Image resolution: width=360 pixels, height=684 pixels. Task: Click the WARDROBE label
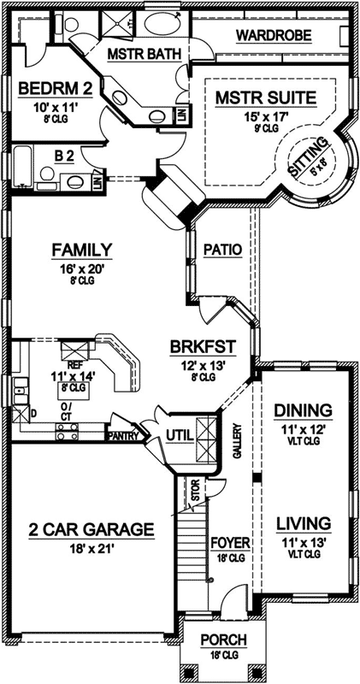(x=273, y=35)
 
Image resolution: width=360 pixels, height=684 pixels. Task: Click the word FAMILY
(x=82, y=250)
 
